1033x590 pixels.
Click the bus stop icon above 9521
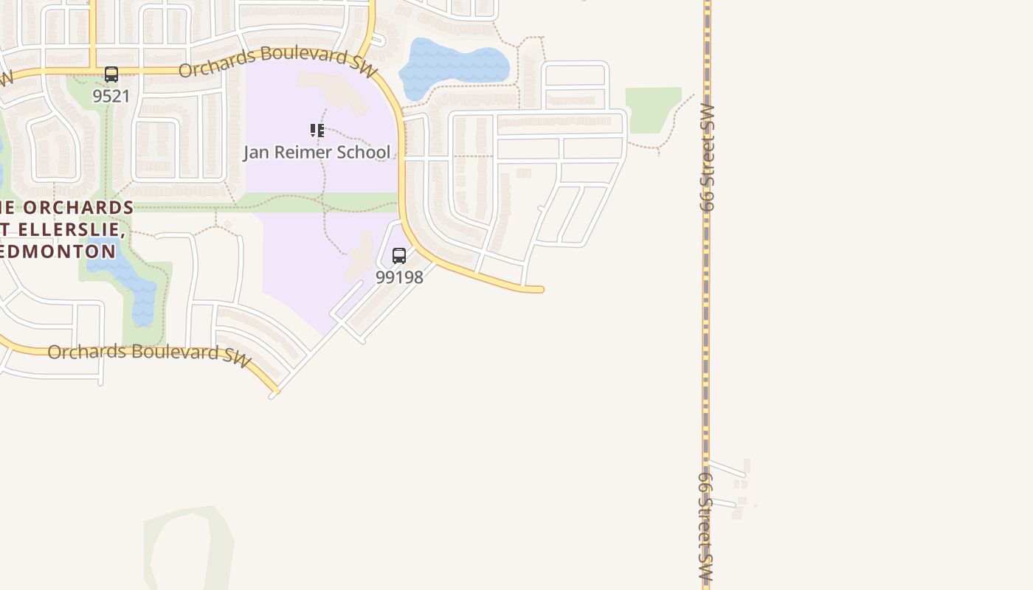tap(111, 74)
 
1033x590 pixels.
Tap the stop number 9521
tap(111, 96)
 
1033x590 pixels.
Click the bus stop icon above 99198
tap(399, 256)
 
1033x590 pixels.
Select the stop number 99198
tap(399, 277)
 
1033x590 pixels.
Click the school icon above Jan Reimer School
tap(317, 131)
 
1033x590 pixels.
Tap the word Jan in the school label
tap(258, 153)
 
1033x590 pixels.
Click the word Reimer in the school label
tap(303, 153)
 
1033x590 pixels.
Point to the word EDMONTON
tap(59, 251)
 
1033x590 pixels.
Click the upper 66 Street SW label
tap(708, 158)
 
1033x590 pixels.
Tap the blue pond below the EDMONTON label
tap(133, 284)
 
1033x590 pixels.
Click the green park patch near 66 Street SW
tap(651, 109)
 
